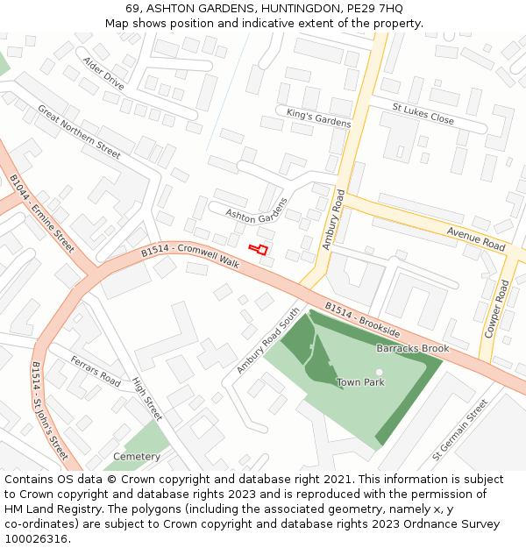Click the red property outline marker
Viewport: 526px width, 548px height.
point(258,249)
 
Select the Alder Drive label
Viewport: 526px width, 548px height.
point(103,74)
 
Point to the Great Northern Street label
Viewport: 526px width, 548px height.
point(79,132)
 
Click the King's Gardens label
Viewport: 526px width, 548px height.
point(318,118)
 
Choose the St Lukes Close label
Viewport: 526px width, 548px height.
point(423,114)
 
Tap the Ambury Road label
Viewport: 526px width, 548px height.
point(332,217)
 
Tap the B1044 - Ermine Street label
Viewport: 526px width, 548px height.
point(42,214)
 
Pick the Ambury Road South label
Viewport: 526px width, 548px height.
point(268,340)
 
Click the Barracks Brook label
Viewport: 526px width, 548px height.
point(412,348)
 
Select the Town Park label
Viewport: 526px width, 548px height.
point(360,382)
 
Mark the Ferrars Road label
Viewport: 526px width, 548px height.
point(96,373)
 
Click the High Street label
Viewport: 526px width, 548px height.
point(147,398)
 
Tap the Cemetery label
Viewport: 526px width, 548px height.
point(137,457)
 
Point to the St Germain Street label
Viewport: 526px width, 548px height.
point(459,430)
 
